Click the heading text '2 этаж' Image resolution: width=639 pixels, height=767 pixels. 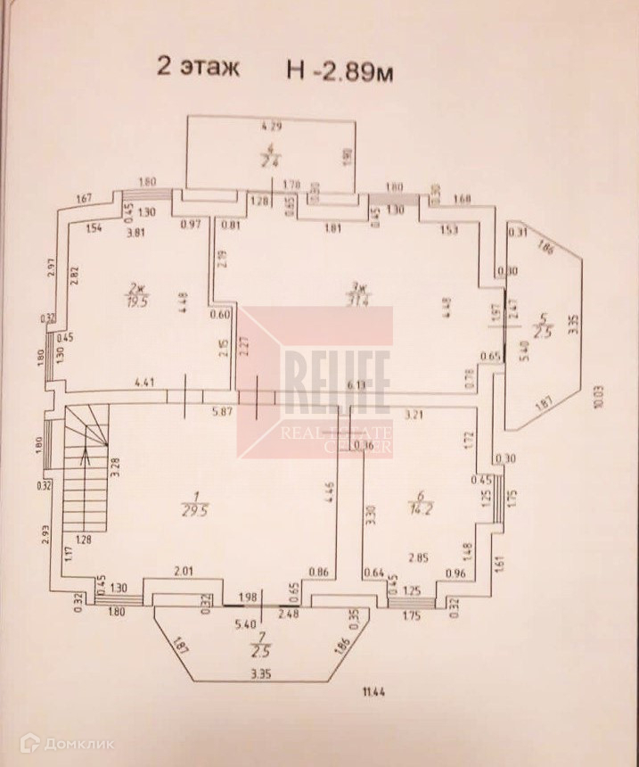[198, 67]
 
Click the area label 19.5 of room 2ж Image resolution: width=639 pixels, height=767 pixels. [136, 301]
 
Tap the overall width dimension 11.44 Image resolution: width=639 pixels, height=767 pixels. [369, 689]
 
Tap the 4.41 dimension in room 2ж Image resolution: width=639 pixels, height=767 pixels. [145, 383]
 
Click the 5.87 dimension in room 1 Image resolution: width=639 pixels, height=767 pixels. [221, 411]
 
